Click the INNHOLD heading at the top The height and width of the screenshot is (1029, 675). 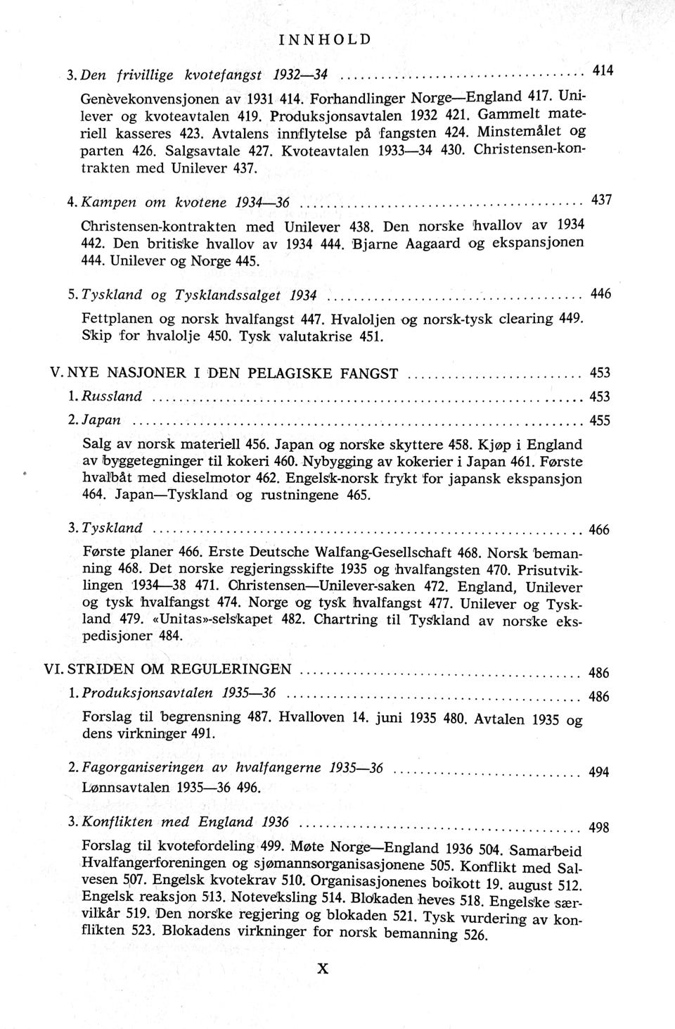[324, 39]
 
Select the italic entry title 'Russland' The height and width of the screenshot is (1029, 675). [112, 396]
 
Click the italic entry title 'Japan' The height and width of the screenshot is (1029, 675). [102, 420]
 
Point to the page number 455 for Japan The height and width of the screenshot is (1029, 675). [600, 421]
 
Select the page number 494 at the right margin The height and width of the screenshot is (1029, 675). [598, 772]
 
